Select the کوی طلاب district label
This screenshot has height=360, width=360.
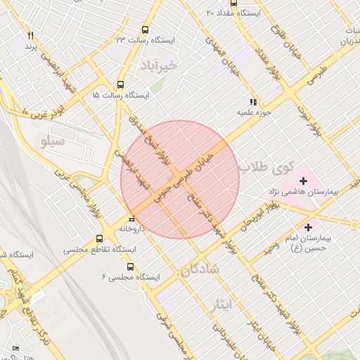coord(264,167)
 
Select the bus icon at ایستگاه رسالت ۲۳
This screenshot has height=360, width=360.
coord(145,30)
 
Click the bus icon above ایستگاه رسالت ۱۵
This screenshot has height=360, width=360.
coord(120,84)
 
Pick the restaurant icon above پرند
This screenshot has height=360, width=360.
coord(30,35)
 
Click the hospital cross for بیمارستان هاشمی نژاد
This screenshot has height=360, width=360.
coord(303,181)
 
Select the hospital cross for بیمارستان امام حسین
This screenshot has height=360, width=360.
coord(308,227)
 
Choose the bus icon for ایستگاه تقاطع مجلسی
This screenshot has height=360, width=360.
coord(99,238)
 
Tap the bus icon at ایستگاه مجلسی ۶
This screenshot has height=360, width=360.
coord(130,266)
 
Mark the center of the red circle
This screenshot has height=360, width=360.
coord(180,180)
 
